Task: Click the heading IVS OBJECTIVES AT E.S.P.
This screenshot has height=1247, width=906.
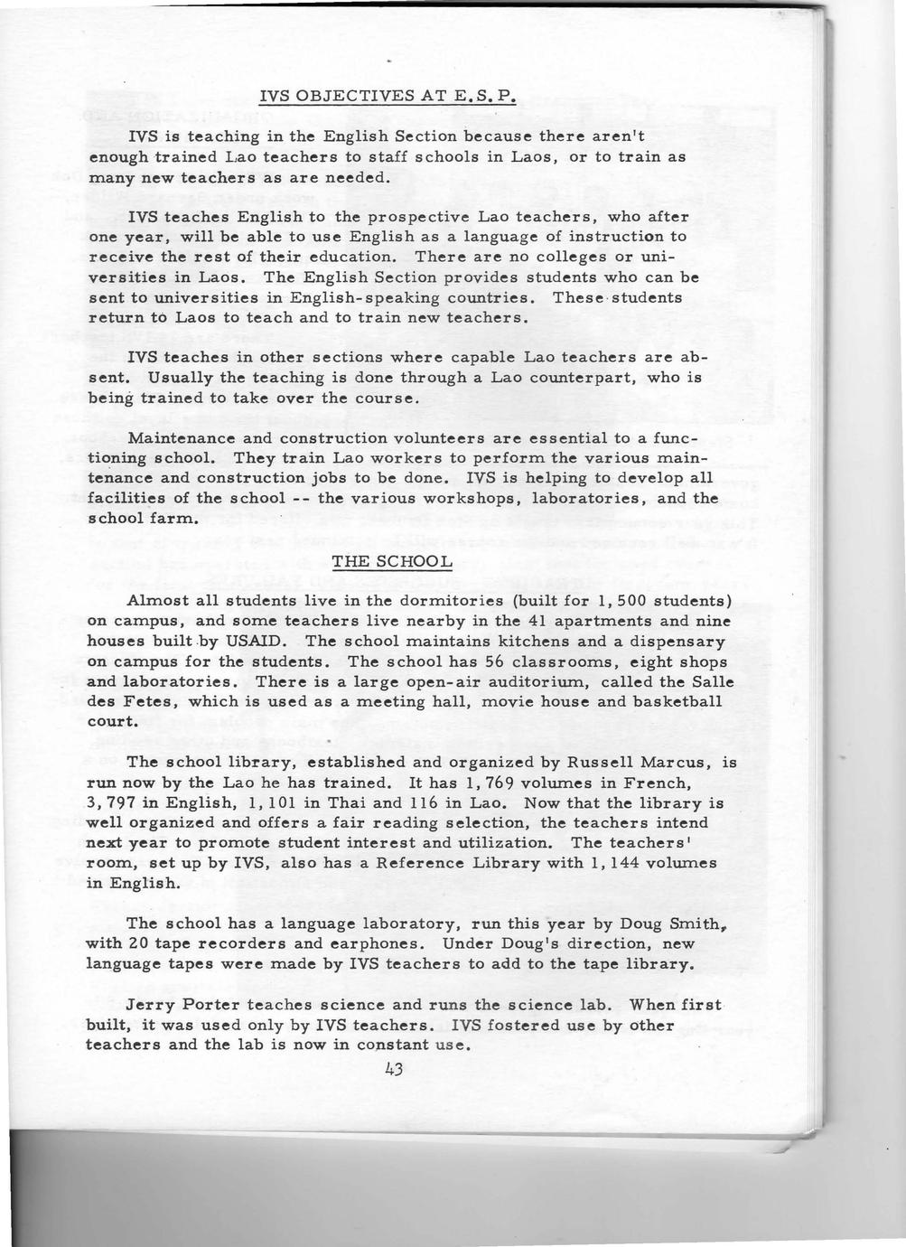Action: (x=387, y=96)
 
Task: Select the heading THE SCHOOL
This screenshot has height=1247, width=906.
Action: (x=391, y=561)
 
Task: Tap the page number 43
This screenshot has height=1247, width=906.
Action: (x=392, y=1070)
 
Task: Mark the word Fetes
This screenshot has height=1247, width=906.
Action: (x=145, y=701)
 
